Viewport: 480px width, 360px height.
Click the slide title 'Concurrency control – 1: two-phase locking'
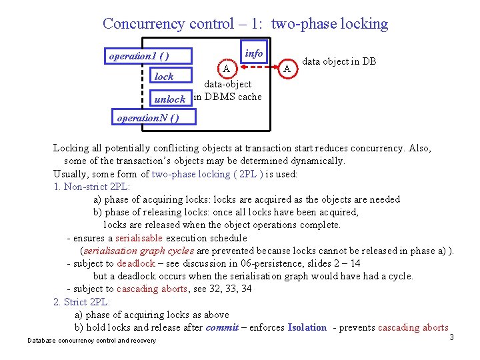click(245, 24)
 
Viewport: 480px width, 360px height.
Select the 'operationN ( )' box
click(147, 118)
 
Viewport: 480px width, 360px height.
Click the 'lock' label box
click(164, 77)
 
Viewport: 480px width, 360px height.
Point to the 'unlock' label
click(169, 99)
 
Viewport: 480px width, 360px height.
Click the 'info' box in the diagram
click(254, 53)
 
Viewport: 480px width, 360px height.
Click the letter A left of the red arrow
click(227, 68)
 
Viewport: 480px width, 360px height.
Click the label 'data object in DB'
click(339, 61)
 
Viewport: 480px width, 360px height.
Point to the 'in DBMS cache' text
click(228, 97)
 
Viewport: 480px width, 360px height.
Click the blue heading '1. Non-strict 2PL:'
click(92, 187)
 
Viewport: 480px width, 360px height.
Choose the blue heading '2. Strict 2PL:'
click(82, 302)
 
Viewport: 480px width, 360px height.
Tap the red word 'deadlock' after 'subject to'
click(136, 263)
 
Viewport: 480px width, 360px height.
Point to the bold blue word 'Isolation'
click(307, 327)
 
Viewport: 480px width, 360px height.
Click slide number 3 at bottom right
click(451, 337)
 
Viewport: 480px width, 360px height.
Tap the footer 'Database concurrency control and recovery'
click(92, 341)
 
